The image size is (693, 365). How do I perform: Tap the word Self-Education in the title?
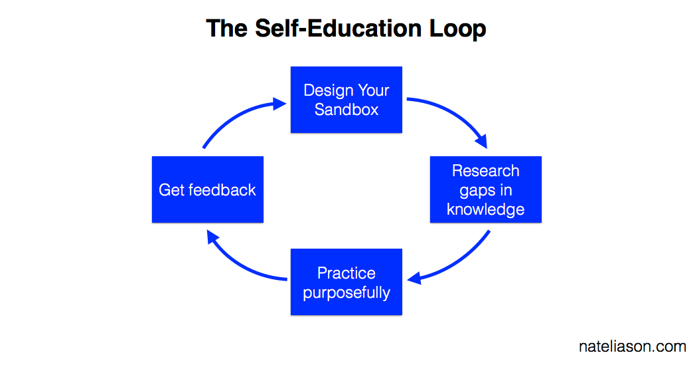click(339, 29)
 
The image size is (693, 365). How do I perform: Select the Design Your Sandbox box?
click(346, 100)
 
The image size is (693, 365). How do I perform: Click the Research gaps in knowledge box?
click(486, 189)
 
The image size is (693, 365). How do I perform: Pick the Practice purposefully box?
click(346, 282)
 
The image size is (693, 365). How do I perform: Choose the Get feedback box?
click(208, 189)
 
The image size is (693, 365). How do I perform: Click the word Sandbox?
click(346, 110)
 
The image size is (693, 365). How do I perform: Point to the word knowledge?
click(486, 209)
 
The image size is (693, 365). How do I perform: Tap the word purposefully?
click(346, 293)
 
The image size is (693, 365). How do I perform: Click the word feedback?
click(222, 189)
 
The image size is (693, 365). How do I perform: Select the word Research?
click(486, 171)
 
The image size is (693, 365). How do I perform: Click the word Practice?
click(346, 273)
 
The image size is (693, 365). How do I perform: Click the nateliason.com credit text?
click(633, 346)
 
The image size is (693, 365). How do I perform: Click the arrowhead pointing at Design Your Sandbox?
click(279, 104)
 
